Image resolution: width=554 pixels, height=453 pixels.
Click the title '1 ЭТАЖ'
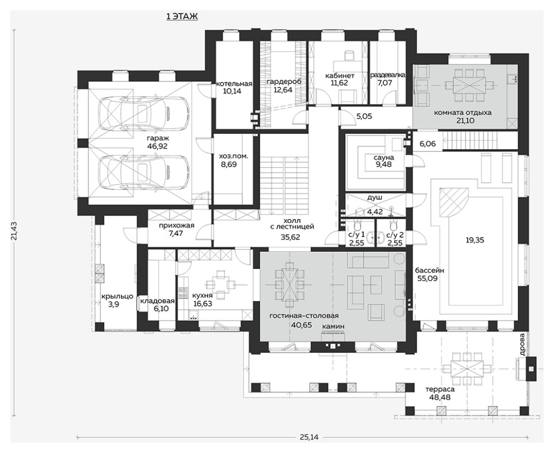point(182,17)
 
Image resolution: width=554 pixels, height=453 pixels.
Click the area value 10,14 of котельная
point(233,91)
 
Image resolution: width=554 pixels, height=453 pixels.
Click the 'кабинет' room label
point(339,75)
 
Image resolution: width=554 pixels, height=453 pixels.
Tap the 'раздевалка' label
point(388,75)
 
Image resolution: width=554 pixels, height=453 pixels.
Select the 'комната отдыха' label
point(462,113)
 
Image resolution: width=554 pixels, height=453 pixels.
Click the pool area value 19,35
point(475,240)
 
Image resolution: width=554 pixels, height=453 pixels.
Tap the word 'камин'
point(332,326)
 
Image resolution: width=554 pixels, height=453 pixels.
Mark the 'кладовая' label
point(158,301)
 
